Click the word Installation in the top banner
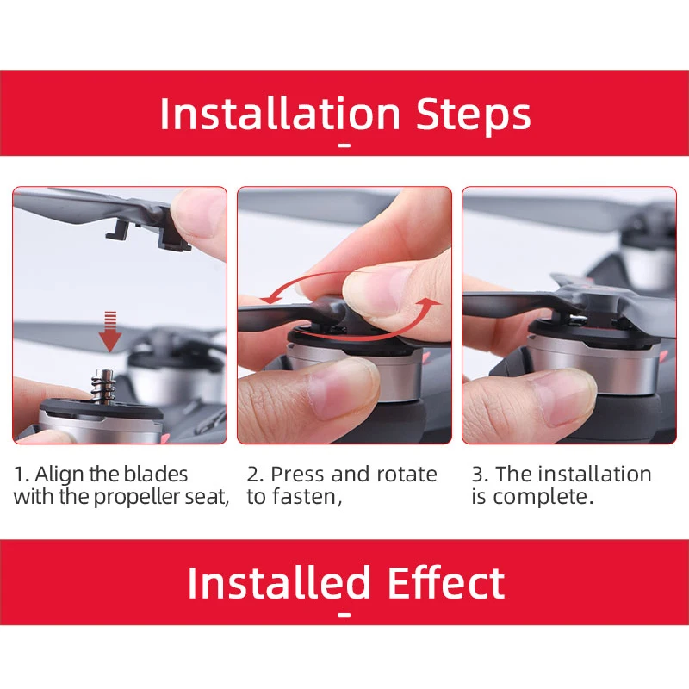coord(280,115)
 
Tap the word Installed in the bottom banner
coord(280,583)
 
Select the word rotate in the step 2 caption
coord(407,475)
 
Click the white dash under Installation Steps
coord(344,146)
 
